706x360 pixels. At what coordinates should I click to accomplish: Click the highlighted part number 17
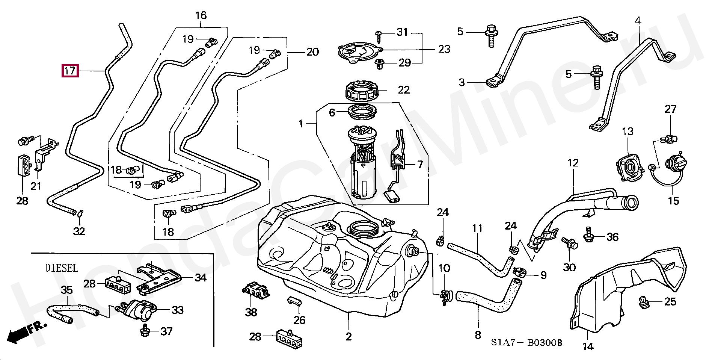70,71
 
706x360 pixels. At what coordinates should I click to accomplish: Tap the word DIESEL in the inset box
62,268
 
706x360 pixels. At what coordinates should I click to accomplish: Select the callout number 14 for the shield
588,346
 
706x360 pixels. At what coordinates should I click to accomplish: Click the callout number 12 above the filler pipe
573,163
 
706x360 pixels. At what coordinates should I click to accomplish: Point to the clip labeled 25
643,302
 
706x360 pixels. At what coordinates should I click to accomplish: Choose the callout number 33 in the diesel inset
177,310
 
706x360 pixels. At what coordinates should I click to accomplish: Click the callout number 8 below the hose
478,334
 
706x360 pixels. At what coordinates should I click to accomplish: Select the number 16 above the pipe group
201,16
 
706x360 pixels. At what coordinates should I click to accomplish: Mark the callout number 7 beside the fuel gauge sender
420,164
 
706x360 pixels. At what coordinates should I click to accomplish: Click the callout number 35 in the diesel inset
66,290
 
